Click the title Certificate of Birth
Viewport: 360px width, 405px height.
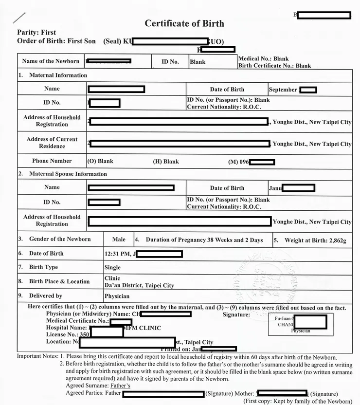[x=184, y=23]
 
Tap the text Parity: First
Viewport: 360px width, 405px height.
[x=36, y=33]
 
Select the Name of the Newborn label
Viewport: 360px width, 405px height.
[x=51, y=61]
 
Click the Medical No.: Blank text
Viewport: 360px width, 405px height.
[x=263, y=59]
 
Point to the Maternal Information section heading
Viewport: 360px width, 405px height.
[x=58, y=75]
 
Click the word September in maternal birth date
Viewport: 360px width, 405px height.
[x=283, y=90]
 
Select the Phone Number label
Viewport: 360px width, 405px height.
[x=52, y=161]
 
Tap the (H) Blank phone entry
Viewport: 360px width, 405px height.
[x=166, y=162]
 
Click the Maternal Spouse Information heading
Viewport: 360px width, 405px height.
[x=68, y=174]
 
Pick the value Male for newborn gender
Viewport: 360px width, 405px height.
[x=119, y=239]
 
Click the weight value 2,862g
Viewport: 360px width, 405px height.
[x=335, y=240]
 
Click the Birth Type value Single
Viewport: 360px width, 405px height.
[x=112, y=267]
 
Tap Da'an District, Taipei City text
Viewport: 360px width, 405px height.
[x=139, y=285]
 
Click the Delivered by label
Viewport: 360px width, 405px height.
[x=46, y=296]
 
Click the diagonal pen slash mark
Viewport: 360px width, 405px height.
[x=19, y=18]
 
